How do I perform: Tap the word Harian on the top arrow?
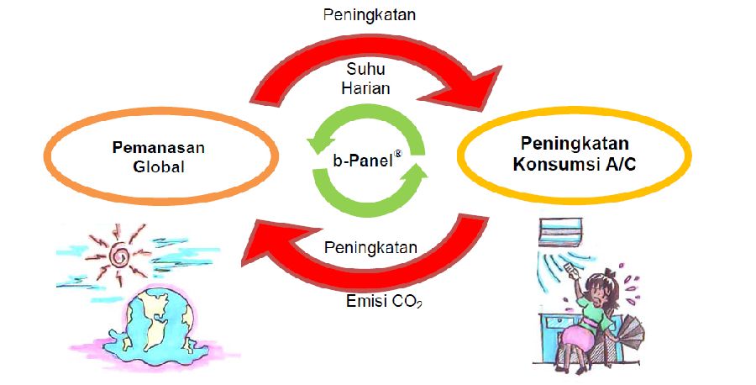pos(371,88)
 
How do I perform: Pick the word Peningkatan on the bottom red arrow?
pos(370,250)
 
